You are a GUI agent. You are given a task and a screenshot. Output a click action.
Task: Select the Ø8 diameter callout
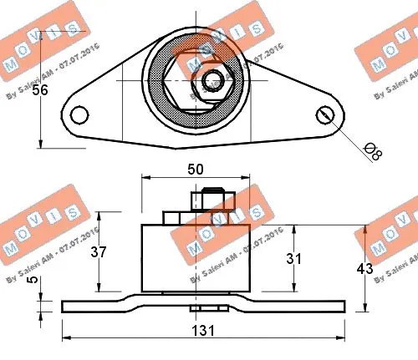[x=375, y=152]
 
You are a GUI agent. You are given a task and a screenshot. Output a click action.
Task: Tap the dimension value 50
[x=196, y=168]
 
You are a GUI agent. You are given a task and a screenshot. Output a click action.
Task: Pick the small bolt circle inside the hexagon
[x=212, y=81]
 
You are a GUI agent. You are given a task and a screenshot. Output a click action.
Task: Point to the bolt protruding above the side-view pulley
[x=209, y=201]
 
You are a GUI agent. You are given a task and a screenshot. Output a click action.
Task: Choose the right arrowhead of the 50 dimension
[x=247, y=178]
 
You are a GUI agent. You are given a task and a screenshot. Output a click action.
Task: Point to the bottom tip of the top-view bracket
[x=175, y=148]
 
